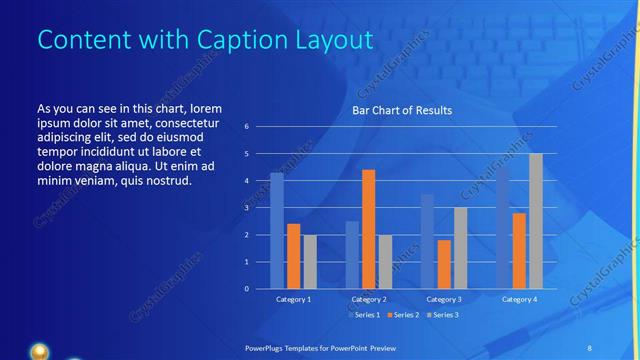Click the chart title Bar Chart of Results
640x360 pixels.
[400, 110]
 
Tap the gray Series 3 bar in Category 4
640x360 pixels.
[536, 221]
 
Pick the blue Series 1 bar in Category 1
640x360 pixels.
[276, 231]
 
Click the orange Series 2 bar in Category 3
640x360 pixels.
[444, 264]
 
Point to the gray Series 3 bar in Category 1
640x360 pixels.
[310, 262]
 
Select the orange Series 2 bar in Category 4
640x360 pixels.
[519, 251]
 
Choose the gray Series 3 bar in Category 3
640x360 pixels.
[460, 248]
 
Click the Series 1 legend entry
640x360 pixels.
[364, 315]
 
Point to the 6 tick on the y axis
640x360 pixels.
[246, 127]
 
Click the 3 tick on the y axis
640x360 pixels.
[246, 208]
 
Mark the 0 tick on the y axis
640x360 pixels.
[246, 289]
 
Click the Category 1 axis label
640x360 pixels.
[293, 299]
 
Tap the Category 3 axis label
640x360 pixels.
[443, 299]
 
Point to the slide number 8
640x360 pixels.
[589, 346]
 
